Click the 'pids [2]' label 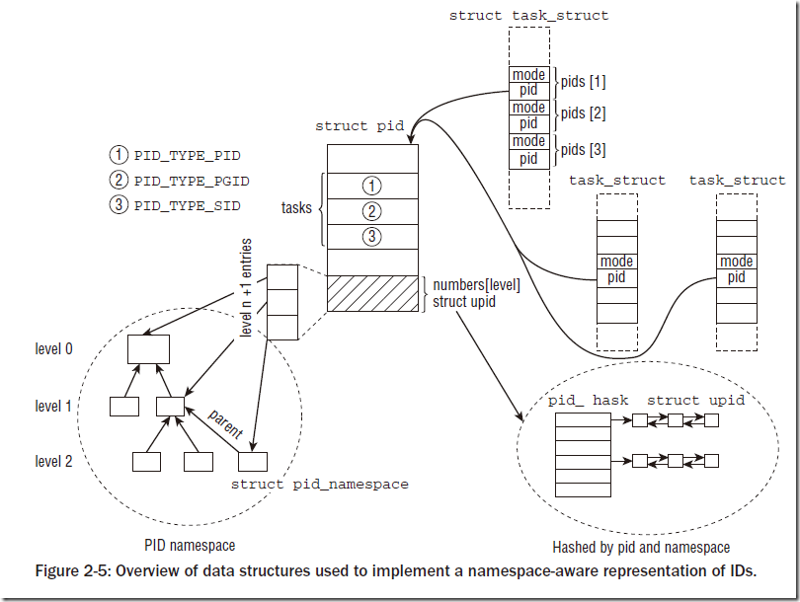point(583,113)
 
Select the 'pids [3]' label point(583,149)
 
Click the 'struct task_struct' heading point(528,15)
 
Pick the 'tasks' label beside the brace point(296,208)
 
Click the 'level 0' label point(54,349)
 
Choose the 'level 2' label point(54,462)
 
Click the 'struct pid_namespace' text point(319,484)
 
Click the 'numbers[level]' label point(476,285)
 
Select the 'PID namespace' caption point(189,544)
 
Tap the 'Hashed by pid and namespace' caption point(641,547)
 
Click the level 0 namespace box point(148,348)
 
